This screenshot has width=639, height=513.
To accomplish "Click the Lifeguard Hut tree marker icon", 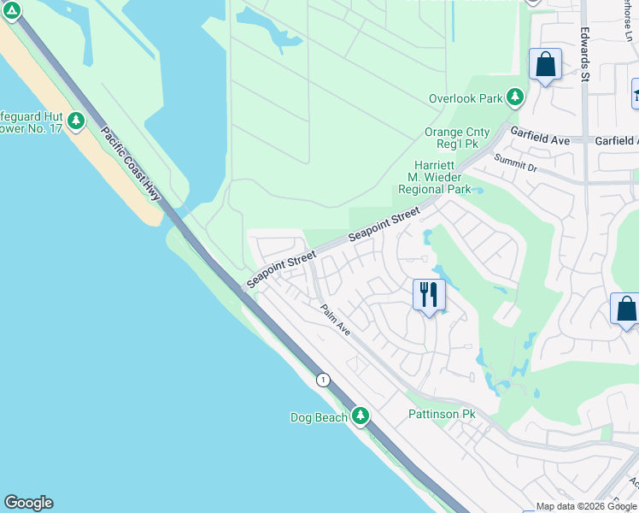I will click(x=77, y=121).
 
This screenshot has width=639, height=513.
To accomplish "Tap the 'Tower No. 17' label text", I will click(x=32, y=129).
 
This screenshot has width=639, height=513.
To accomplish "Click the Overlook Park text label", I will click(x=466, y=98).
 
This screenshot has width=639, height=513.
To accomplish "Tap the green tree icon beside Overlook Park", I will click(x=515, y=97).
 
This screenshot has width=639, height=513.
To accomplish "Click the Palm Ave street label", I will click(x=335, y=320).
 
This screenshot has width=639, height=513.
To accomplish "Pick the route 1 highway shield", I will click(x=323, y=380).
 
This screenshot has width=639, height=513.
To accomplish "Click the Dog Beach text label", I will click(x=319, y=417).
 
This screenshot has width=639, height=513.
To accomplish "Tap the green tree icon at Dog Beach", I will click(x=361, y=416).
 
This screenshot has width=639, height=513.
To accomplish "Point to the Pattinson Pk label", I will click(x=441, y=414).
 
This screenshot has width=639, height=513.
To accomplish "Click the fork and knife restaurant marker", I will click(x=429, y=295).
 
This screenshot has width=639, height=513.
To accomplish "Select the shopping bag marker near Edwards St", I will click(x=545, y=65).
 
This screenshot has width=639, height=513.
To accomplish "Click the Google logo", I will click(x=28, y=503).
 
